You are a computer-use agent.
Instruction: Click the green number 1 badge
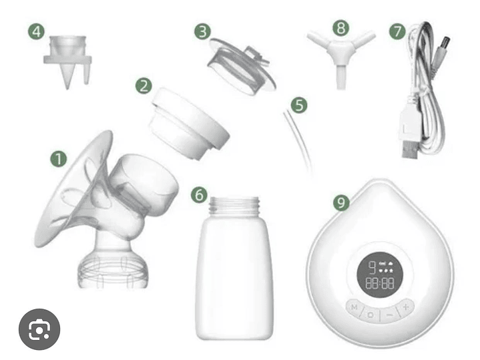coord(59,159)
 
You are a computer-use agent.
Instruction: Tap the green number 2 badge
coord(144,85)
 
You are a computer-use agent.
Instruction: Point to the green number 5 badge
coord(298,105)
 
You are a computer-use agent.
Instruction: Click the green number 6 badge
coord(199,194)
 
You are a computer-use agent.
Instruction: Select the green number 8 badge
coord(341,28)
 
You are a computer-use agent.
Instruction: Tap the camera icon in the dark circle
coord(40,329)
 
